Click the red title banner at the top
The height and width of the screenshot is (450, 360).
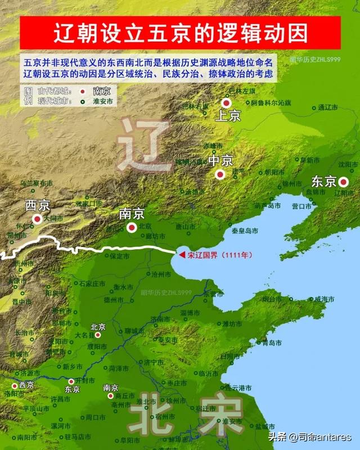(x=180, y=33)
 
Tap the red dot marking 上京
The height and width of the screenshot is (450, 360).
(x=226, y=103)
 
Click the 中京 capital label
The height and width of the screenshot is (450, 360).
(x=220, y=160)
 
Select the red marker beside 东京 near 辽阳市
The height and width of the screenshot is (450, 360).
(x=343, y=181)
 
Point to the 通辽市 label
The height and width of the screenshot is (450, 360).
(x=328, y=107)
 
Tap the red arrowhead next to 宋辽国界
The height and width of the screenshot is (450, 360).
(x=182, y=255)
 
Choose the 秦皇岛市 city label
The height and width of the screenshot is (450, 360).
(x=245, y=231)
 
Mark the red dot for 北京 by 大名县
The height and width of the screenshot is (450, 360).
(x=98, y=335)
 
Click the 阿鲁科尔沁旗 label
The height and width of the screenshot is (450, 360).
(x=271, y=103)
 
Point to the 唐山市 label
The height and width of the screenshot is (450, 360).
(x=185, y=227)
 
